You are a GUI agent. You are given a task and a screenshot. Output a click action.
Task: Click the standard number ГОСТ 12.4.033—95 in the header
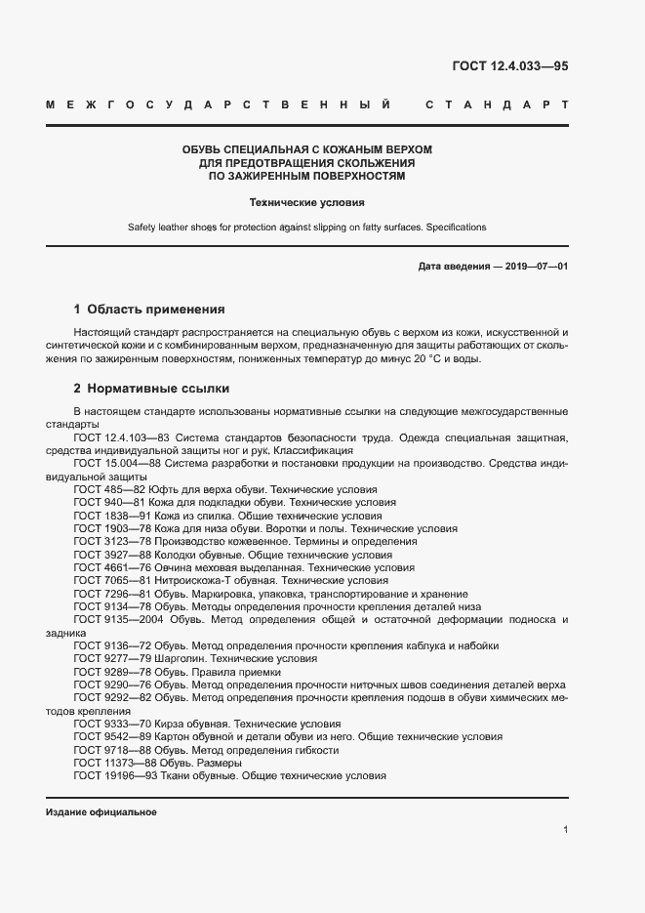[x=509, y=66]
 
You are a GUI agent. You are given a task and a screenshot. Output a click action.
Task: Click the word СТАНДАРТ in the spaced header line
[x=498, y=104]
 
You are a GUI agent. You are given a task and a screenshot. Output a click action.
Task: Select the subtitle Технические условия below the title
[x=306, y=203]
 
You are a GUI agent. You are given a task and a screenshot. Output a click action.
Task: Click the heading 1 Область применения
[x=149, y=309]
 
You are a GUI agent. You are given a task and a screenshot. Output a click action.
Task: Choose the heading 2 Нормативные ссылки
[x=151, y=387]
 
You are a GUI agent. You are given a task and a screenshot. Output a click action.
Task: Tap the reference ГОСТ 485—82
[x=109, y=489]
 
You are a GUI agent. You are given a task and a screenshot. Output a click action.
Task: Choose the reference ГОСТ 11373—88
[x=115, y=763]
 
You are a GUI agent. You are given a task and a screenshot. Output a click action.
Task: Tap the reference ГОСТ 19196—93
[x=115, y=775]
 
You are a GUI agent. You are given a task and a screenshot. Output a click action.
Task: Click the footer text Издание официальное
[x=101, y=812]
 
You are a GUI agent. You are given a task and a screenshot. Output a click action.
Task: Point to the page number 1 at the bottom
[x=566, y=831]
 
